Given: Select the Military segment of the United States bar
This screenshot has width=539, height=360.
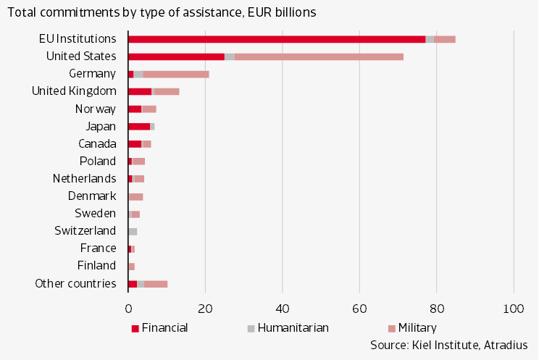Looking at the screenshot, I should (319, 56).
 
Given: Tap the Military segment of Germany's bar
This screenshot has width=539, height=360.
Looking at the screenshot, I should (176, 73).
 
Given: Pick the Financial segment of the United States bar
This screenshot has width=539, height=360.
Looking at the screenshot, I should (177, 56).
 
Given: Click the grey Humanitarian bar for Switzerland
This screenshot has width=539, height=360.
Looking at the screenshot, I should (133, 231).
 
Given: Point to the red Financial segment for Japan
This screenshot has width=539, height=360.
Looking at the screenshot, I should (139, 126).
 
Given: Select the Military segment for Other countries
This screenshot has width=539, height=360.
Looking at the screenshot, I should (156, 283).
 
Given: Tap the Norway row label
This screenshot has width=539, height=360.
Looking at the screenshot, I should (96, 109).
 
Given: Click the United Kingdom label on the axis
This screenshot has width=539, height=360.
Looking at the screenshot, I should (74, 91).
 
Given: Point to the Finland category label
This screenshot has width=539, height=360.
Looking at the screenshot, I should (96, 265).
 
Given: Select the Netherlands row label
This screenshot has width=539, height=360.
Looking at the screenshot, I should (84, 178).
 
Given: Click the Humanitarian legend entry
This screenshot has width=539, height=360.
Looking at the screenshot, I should (289, 327).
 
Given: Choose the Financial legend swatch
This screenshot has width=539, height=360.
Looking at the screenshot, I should (135, 328).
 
